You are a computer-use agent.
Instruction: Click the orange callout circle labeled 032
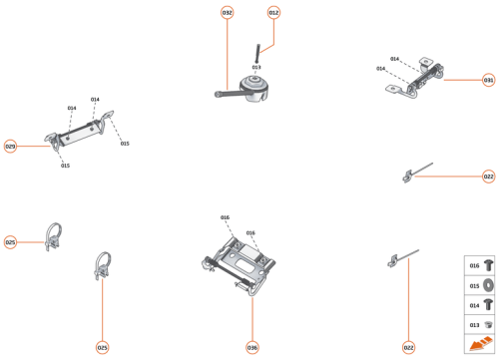pyautogui.click(x=228, y=12)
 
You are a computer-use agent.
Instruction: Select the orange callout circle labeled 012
pyautogui.click(x=274, y=12)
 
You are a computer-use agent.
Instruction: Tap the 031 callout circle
pyautogui.click(x=488, y=79)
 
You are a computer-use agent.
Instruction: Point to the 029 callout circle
pyautogui.click(x=10, y=147)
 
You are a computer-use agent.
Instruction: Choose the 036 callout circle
pyautogui.click(x=252, y=347)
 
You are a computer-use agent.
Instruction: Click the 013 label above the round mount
pyautogui.click(x=256, y=68)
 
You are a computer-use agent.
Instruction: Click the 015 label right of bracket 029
pyautogui.click(x=125, y=144)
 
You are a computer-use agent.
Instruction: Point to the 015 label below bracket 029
pyautogui.click(x=65, y=166)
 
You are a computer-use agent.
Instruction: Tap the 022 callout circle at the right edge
pyautogui.click(x=488, y=177)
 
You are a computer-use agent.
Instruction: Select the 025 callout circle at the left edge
pyautogui.click(x=10, y=242)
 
